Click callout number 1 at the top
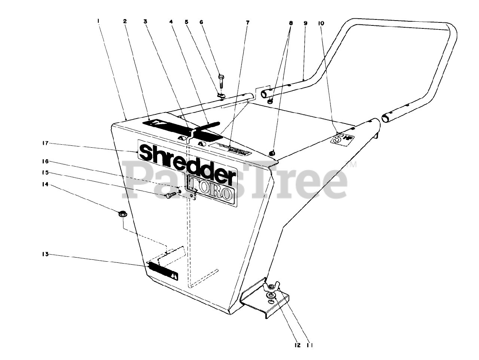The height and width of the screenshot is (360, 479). [98, 22]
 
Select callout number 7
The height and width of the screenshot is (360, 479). [247, 22]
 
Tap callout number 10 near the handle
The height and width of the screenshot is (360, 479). [321, 23]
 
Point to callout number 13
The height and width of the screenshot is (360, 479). [45, 255]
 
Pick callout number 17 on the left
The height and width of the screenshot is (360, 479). [45, 144]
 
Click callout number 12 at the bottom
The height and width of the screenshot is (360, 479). [298, 345]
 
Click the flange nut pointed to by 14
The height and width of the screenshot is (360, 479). [122, 214]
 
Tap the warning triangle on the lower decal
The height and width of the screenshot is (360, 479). [174, 276]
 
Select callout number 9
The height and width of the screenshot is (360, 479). [305, 23]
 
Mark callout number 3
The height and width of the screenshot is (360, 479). [145, 22]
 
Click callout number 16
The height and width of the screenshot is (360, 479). [45, 161]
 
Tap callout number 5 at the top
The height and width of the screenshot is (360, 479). [186, 22]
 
